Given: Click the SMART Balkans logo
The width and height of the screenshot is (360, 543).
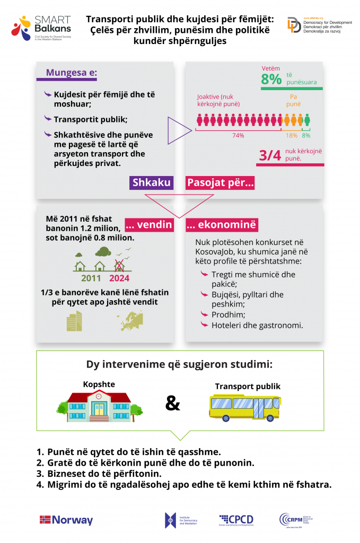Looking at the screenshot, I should point(41,28).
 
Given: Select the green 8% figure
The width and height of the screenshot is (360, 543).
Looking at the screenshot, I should point(272,80).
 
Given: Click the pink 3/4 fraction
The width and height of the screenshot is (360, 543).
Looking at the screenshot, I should point(270,155).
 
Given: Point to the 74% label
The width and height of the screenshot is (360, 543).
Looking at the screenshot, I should point(238,135).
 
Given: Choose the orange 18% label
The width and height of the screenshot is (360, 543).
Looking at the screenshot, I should point(292,135).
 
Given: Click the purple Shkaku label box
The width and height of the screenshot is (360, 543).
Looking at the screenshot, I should point(152,183).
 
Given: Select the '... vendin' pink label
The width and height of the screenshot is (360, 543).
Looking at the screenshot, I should point(148,225).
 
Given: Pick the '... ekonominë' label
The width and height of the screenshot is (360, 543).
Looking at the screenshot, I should point(222,225).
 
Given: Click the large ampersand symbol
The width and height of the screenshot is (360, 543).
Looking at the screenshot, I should point(173,404).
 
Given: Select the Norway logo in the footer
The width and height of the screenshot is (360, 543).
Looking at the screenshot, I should point(66,520).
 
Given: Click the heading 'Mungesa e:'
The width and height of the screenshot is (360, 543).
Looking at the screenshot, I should point(72,73).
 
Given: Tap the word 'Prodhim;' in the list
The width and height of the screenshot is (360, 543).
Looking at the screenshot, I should point(226,314).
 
